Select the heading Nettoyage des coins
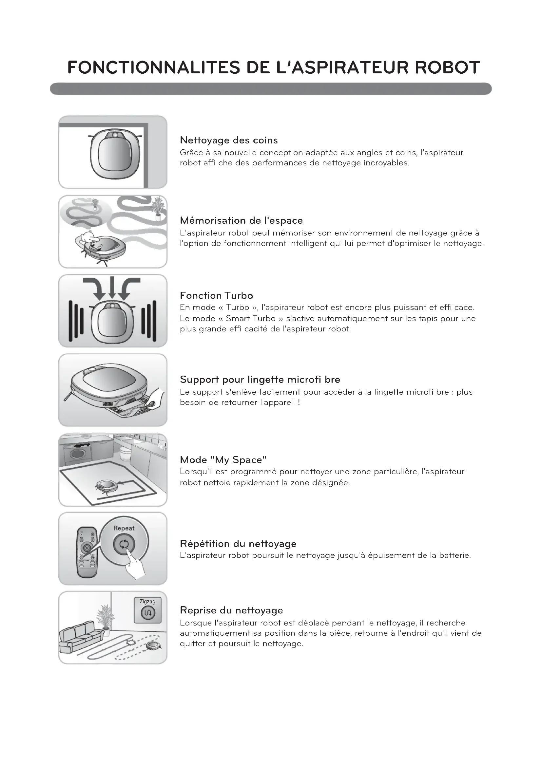click(229, 140)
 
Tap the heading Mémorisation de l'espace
click(241, 220)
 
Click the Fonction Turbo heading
click(216, 296)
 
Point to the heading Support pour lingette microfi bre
click(260, 379)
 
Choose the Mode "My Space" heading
click(223, 460)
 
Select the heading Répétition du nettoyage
click(238, 544)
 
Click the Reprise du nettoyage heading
click(231, 610)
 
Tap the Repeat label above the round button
click(124, 528)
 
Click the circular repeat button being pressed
click(124, 545)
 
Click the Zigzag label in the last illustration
click(147, 602)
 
